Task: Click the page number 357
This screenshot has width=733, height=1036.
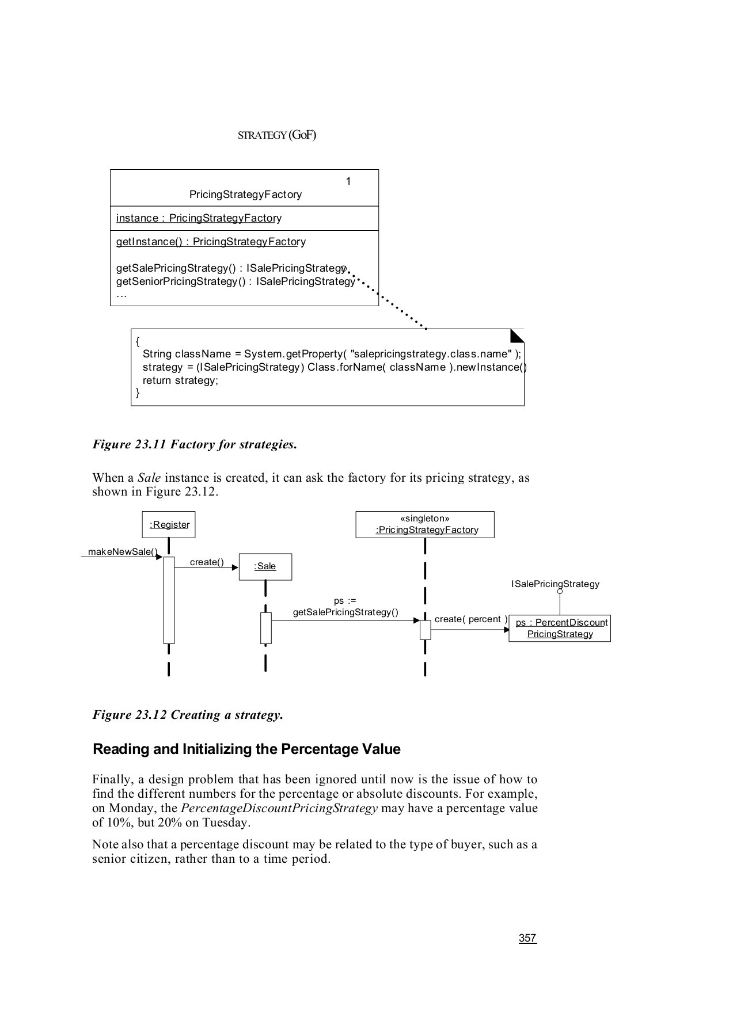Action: coord(527,938)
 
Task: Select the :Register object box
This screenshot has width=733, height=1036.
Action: coord(169,524)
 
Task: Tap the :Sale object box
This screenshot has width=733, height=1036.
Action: coord(265,566)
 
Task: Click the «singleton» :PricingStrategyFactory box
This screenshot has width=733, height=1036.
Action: coord(425,524)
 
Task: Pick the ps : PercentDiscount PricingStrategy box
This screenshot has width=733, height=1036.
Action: coord(560,628)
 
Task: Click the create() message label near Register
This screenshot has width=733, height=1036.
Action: coord(207,562)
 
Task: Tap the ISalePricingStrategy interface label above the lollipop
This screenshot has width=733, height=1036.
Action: coord(555,584)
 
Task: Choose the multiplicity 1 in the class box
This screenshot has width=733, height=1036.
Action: coord(348,181)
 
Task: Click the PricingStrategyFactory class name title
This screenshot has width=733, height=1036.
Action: coord(245,195)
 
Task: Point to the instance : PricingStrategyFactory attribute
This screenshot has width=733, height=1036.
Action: coord(199,218)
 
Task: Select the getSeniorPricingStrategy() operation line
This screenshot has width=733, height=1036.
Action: coord(236,281)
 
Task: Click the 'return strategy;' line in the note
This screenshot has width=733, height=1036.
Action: coord(180,380)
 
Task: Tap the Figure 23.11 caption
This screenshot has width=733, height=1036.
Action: coord(195,444)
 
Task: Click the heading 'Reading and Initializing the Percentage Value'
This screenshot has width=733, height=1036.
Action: coord(246,749)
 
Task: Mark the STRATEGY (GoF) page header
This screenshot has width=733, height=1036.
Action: coord(277,135)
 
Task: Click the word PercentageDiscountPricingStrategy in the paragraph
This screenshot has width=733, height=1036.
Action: coord(279,808)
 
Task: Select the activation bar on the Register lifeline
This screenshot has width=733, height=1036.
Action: coord(169,600)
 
